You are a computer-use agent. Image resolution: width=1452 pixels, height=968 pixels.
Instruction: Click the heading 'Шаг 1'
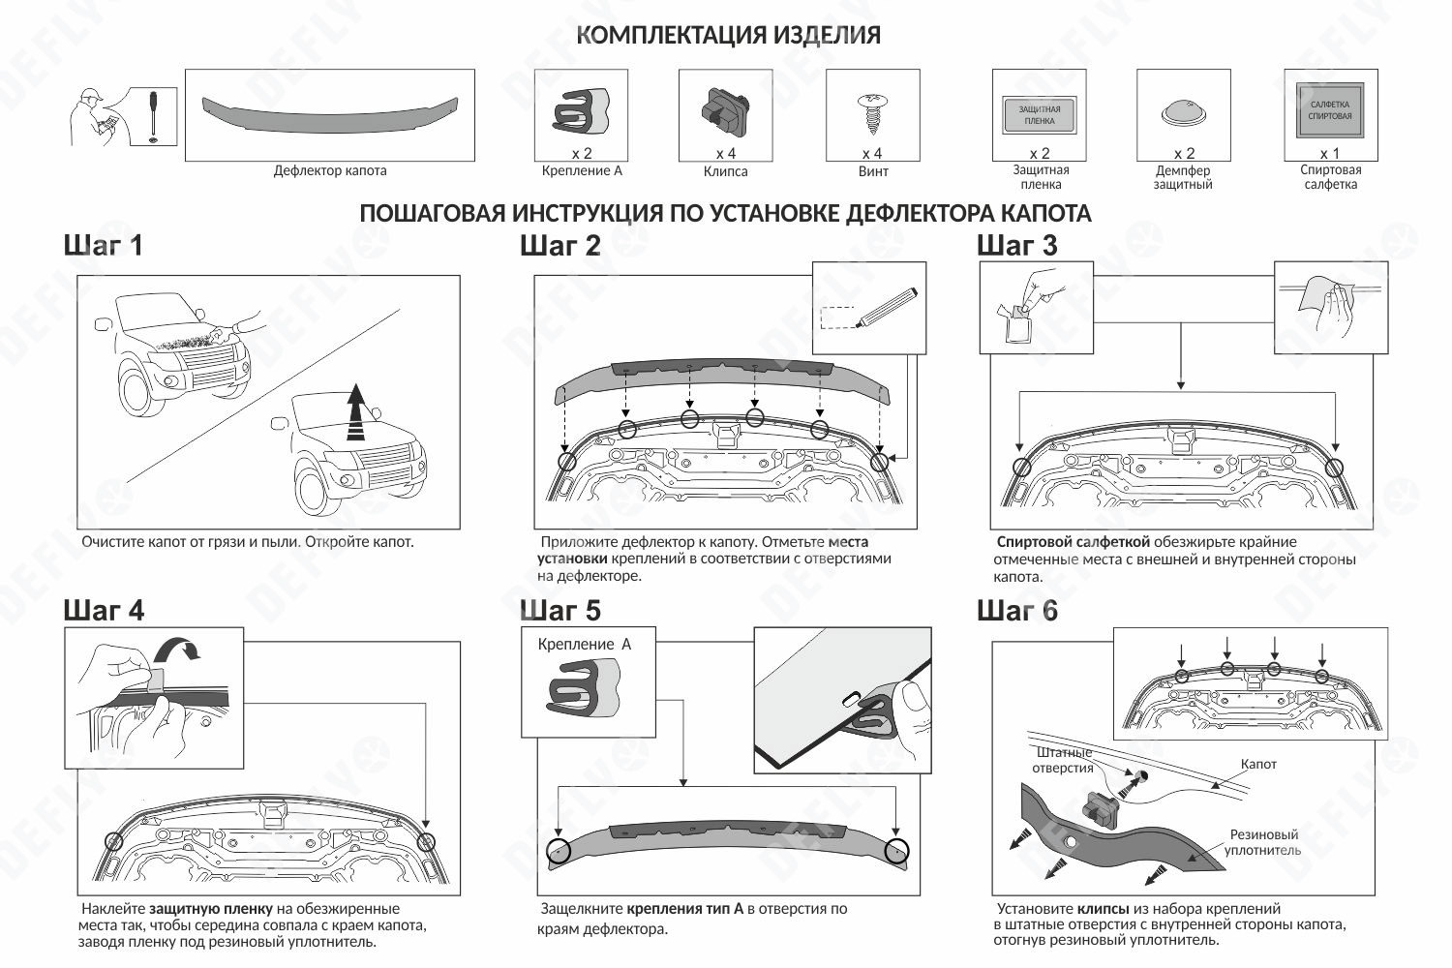click(103, 246)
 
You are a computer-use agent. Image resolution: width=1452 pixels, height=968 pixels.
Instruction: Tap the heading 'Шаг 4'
click(104, 611)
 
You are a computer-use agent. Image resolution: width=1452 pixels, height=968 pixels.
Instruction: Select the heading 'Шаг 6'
click(1017, 611)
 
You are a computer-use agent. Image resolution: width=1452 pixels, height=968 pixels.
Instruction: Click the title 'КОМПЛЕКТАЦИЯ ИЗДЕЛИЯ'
click(728, 36)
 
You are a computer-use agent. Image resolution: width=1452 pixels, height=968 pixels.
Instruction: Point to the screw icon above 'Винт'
click(872, 114)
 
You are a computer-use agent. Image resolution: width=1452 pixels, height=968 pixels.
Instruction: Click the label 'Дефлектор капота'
click(330, 171)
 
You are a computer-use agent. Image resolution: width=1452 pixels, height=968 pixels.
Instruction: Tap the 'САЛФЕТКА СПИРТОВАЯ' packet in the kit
click(1330, 110)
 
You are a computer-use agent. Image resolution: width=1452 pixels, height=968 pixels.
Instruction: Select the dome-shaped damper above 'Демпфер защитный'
click(1184, 113)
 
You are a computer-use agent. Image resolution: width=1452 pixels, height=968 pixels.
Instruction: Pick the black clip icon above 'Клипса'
click(725, 109)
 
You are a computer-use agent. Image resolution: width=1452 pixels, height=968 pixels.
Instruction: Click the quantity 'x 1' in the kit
click(1330, 154)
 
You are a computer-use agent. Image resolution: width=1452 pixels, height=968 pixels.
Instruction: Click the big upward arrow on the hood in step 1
click(357, 410)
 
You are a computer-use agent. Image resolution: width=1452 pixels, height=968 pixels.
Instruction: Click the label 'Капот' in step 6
click(1258, 765)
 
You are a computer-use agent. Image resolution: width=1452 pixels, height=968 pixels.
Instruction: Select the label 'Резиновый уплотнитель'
click(1263, 842)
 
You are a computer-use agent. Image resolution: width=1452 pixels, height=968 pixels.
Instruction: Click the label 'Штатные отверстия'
click(1063, 760)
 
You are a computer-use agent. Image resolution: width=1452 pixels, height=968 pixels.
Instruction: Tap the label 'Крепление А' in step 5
click(584, 644)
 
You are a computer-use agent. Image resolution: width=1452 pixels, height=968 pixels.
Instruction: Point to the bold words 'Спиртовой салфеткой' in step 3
click(1073, 542)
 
